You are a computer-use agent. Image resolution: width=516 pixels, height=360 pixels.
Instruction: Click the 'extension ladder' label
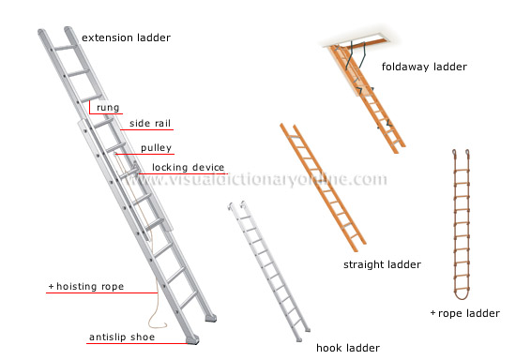pos(127,37)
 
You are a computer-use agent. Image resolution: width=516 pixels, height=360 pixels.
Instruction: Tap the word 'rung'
pos(108,108)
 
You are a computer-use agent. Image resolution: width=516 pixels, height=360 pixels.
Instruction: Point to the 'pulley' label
pos(156,148)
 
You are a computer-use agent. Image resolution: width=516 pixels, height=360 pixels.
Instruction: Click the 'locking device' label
pos(188,168)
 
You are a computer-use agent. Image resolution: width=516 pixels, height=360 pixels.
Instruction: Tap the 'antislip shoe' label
pos(123,337)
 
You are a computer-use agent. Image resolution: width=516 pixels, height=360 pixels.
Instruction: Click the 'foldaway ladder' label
pos(424,67)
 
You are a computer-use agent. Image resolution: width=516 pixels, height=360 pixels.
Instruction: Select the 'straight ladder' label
pos(382,264)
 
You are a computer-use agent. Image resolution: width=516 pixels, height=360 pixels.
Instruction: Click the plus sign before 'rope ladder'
pos(433,313)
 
